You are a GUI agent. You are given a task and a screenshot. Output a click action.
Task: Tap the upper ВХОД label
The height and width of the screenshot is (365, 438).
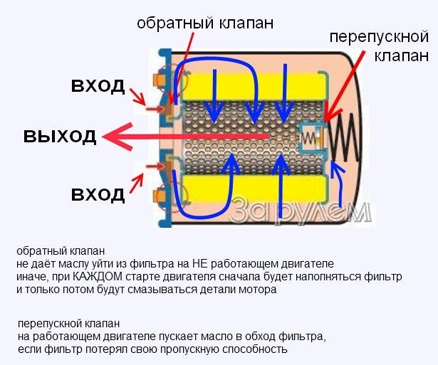[98, 86]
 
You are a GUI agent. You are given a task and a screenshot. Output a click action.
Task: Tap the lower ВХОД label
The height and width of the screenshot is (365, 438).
[98, 193]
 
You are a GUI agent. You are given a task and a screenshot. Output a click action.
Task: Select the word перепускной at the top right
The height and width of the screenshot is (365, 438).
[378, 37]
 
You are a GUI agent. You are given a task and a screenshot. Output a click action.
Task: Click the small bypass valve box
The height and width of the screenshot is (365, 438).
[311, 134]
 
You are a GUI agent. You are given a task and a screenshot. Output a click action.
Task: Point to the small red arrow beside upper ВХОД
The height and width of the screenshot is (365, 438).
[152, 107]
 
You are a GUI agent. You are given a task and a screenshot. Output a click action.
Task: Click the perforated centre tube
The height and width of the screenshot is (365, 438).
[235, 135]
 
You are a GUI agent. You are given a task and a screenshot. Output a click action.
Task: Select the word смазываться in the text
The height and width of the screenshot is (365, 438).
[146, 290]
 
